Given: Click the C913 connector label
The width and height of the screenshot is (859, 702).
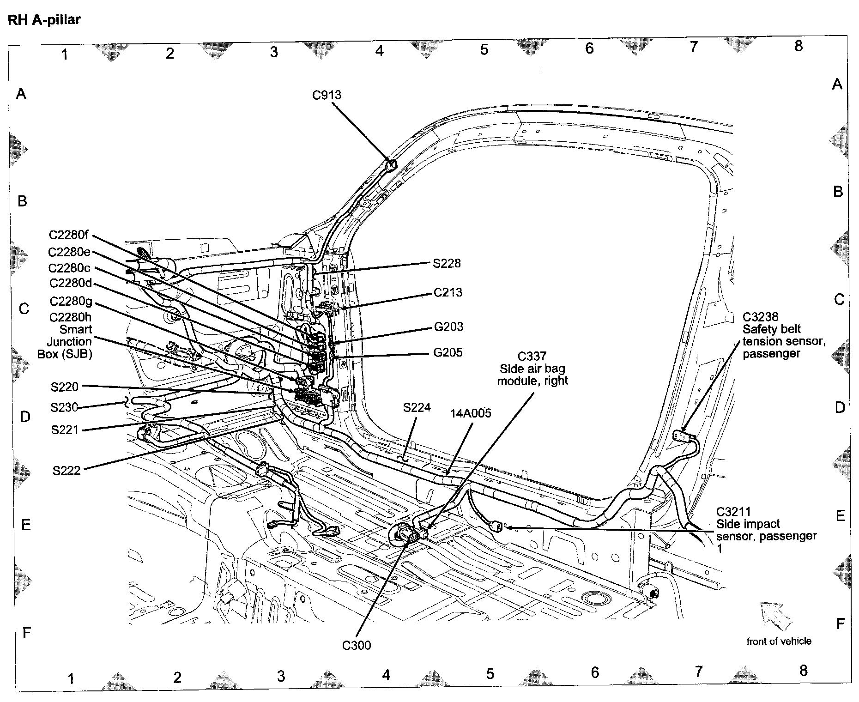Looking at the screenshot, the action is coord(327,95).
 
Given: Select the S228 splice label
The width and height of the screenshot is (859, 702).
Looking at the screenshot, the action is coord(447,263).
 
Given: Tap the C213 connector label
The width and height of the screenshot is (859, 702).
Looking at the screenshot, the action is coord(448,292).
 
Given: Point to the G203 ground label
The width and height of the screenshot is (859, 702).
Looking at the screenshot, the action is coord(448,327).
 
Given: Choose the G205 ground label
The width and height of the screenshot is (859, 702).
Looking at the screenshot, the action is coord(448,353).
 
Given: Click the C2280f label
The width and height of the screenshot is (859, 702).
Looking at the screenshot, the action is coord(68,235).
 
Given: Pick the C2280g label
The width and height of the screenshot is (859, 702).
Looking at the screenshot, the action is coord(71,302).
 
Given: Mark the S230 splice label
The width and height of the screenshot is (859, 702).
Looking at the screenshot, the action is coord(64,407).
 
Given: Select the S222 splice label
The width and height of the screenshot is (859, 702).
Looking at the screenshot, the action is coord(67,471).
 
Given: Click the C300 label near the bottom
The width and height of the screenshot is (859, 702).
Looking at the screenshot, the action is coord(356,645).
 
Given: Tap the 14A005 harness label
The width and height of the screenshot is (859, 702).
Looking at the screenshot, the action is coord(471,413).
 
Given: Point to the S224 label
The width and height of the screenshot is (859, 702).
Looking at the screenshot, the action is coord(417,407).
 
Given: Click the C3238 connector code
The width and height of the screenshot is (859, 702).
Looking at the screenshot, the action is coord(760,317).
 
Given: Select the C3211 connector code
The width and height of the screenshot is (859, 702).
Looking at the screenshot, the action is coord(733,512).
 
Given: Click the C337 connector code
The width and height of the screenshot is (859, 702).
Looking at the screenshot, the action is coord(532,357).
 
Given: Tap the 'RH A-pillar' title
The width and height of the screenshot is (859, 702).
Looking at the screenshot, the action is coord(44,20).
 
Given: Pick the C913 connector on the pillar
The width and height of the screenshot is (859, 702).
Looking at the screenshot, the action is coord(391,165).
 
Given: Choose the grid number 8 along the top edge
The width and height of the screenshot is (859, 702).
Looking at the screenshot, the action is coord(798,46).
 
